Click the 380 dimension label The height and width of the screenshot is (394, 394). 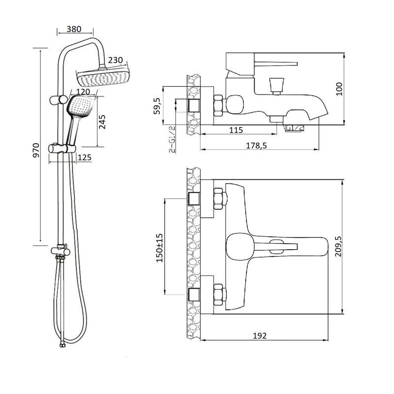pyautogui.click(x=74, y=29)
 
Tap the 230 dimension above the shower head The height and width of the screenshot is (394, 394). pyautogui.click(x=115, y=60)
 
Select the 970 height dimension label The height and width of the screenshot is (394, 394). pyautogui.click(x=36, y=150)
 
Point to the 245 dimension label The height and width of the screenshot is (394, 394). pyautogui.click(x=102, y=122)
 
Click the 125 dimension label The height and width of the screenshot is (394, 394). pyautogui.click(x=84, y=158)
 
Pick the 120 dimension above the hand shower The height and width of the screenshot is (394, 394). pyautogui.click(x=83, y=92)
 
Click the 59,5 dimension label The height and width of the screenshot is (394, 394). pyautogui.click(x=157, y=106)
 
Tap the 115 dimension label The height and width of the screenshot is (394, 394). pyautogui.click(x=236, y=130)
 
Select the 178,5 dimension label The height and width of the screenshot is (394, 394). pyautogui.click(x=256, y=145)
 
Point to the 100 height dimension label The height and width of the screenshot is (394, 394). pyautogui.click(x=339, y=89)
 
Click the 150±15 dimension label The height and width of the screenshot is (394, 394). pyautogui.click(x=160, y=248)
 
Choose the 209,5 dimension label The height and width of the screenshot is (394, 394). pyautogui.click(x=338, y=246)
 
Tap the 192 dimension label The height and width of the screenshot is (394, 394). pyautogui.click(x=260, y=335)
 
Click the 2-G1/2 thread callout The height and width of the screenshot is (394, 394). pyautogui.click(x=172, y=139)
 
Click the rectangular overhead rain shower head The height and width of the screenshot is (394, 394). pyautogui.click(x=103, y=76)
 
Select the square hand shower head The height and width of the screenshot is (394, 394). pyautogui.click(x=80, y=107)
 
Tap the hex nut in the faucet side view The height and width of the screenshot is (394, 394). pyautogui.click(x=218, y=105)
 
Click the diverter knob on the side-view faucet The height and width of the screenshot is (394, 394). pyautogui.click(x=276, y=86)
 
